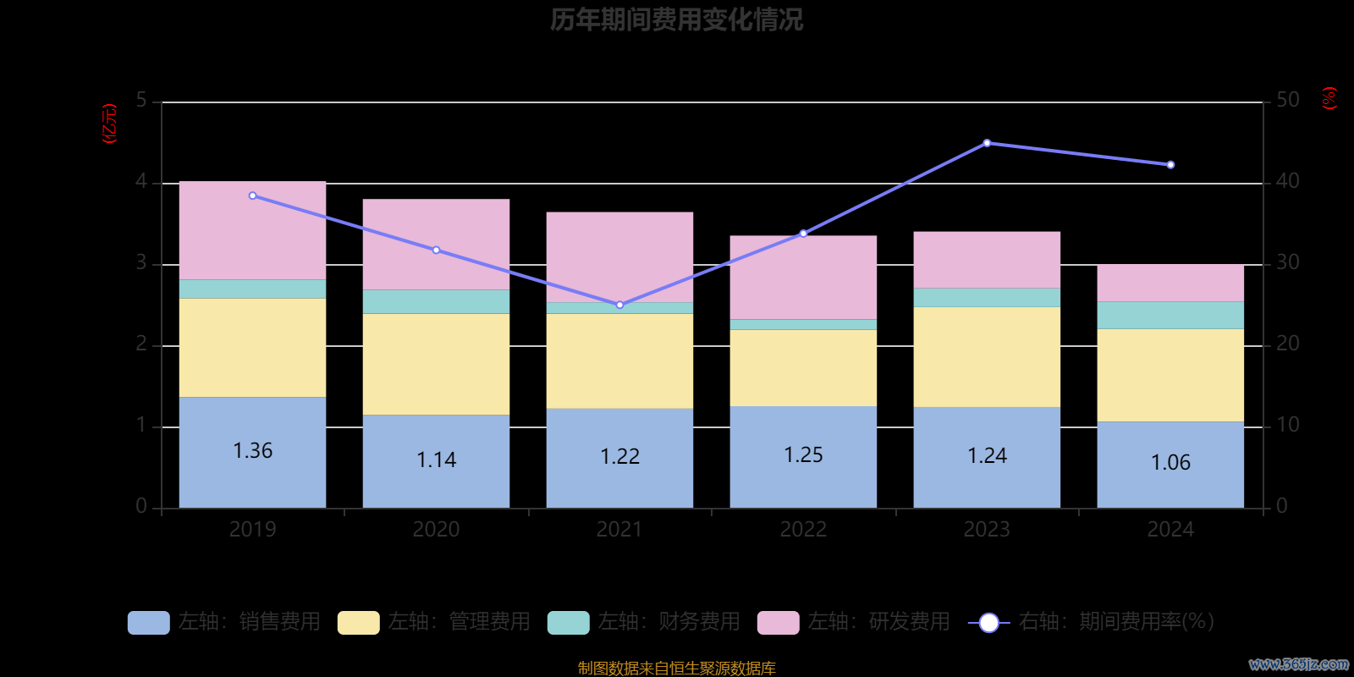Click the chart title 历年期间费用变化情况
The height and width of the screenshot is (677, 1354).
pyautogui.click(x=676, y=19)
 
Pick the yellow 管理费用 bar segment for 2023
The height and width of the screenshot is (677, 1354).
pyautogui.click(x=987, y=356)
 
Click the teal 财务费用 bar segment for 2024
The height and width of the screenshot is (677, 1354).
pyautogui.click(x=1170, y=315)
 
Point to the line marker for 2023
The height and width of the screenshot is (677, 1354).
pyautogui.click(x=987, y=143)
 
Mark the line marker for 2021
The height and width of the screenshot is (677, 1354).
pyautogui.click(x=619, y=305)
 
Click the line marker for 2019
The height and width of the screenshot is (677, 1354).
pyautogui.click(x=252, y=195)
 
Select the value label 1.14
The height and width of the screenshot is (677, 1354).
pyautogui.click(x=436, y=460)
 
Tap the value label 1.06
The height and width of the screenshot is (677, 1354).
pyautogui.click(x=1170, y=462)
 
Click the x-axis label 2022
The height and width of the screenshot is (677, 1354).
pyautogui.click(x=803, y=530)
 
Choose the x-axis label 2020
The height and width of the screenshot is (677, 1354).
pyautogui.click(x=436, y=530)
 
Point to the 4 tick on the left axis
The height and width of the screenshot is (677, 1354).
pyautogui.click(x=141, y=182)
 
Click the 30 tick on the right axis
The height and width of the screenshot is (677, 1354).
pyautogui.click(x=1287, y=262)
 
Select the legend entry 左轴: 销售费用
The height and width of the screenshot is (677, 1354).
pyautogui.click(x=225, y=622)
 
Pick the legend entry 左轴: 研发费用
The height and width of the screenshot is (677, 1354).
pyautogui.click(x=855, y=622)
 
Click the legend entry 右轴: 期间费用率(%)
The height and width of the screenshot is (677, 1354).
pyautogui.click(x=1092, y=622)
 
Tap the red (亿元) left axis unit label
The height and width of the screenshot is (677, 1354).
pyautogui.click(x=109, y=124)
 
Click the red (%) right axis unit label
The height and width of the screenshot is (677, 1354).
pyautogui.click(x=1329, y=98)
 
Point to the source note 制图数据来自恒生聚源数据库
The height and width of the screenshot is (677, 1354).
pyautogui.click(x=676, y=669)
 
